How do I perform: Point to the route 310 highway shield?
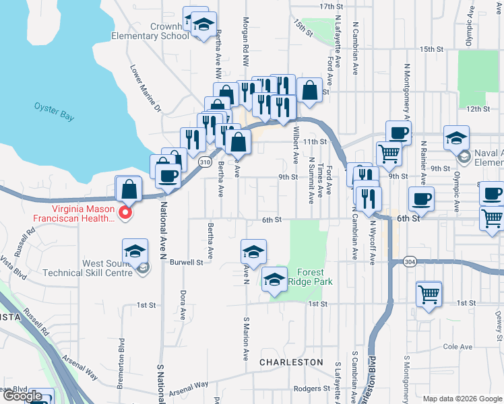(206, 162)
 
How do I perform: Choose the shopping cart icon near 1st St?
(429, 294)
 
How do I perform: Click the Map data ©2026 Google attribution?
(462, 399)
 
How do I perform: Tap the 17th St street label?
(331, 6)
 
